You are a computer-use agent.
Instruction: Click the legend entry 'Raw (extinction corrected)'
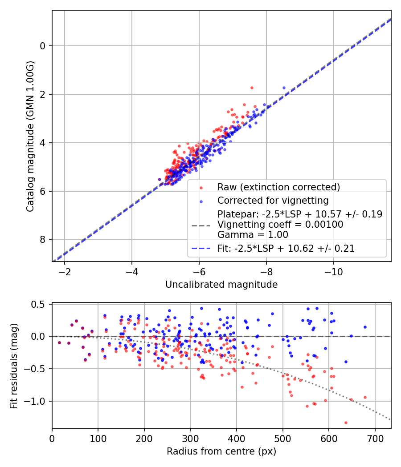click(x=278, y=187)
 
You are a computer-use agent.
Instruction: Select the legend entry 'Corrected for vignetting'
click(x=272, y=200)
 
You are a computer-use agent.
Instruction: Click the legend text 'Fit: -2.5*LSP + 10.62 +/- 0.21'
click(x=286, y=249)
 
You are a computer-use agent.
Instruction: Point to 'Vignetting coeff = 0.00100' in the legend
click(x=280, y=225)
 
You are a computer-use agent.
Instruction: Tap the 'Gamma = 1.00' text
click(x=253, y=234)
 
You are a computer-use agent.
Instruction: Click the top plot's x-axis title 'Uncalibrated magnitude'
click(x=221, y=284)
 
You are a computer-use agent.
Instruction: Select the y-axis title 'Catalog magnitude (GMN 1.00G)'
click(x=30, y=135)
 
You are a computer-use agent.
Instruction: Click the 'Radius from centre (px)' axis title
click(x=221, y=451)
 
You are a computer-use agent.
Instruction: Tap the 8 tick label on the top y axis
click(x=43, y=240)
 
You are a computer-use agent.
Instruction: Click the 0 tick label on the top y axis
click(x=43, y=46)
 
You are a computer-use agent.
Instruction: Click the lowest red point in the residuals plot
click(x=346, y=423)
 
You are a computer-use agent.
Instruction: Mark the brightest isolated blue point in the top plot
click(x=284, y=88)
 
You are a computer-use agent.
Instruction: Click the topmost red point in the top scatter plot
click(x=252, y=88)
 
